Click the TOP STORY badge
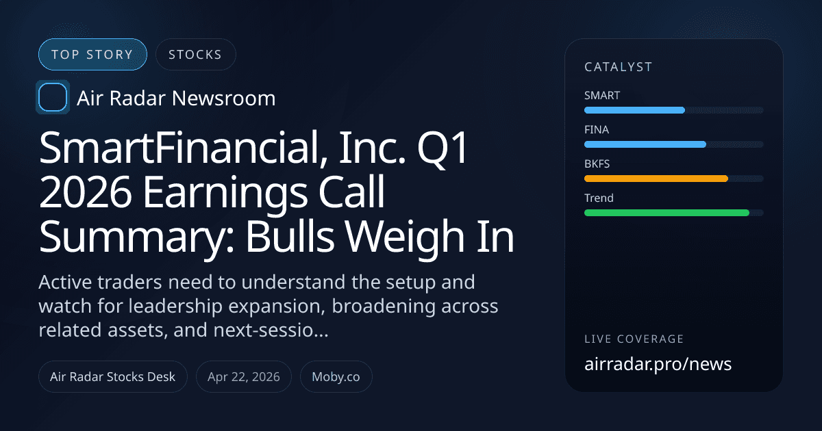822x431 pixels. point(92,55)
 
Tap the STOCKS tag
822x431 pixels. point(195,55)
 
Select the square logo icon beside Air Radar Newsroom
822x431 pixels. point(52,98)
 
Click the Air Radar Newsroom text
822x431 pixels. point(176,99)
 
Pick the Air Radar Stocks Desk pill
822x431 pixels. point(112,376)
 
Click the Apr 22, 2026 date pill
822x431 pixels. point(243,376)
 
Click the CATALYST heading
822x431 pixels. point(618,67)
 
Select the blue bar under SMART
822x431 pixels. point(634,110)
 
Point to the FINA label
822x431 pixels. point(597,129)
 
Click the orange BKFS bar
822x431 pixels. point(656,179)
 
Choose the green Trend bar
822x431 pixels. point(667,213)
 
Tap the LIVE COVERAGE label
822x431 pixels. point(634,339)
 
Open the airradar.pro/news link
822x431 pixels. point(658,364)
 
